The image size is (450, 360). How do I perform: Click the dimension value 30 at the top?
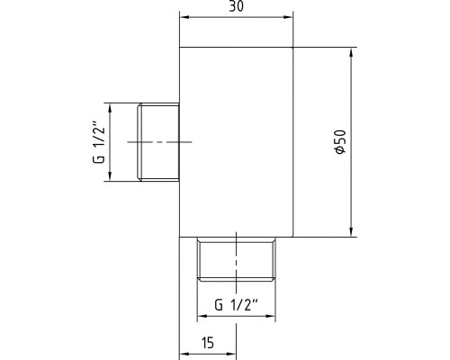pos(236,6)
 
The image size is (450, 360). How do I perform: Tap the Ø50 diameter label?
pos(340,142)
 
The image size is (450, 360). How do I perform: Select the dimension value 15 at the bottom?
pos(208,343)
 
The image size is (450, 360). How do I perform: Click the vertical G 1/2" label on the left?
pos(99,142)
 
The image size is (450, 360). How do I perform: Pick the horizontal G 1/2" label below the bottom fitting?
pos(236,305)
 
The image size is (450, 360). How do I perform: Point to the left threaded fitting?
pos(158,142)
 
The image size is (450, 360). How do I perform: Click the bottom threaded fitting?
pos(237,259)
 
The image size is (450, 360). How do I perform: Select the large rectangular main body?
pos(236,142)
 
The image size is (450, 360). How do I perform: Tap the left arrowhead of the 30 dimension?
pos(184,17)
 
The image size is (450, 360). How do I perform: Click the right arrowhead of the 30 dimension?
pos(288,17)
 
